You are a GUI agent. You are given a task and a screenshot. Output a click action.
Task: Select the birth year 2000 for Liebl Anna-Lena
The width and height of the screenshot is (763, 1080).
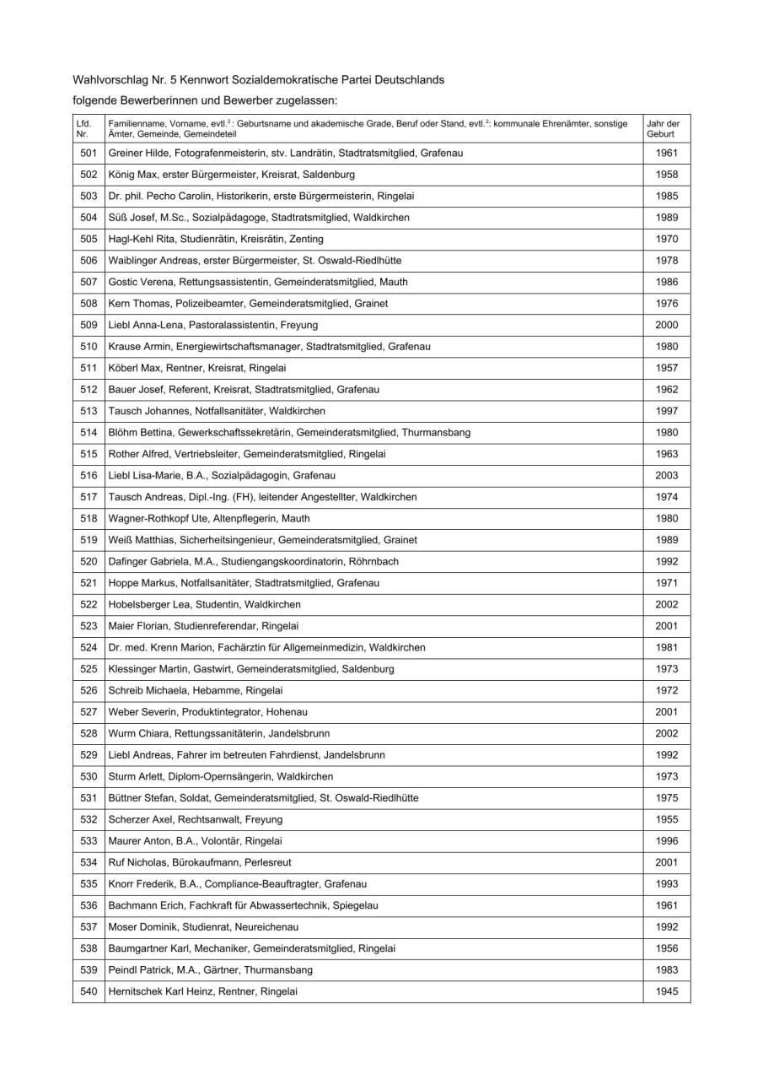[666, 325]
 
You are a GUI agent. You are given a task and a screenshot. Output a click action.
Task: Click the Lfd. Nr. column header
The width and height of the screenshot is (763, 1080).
[83, 129]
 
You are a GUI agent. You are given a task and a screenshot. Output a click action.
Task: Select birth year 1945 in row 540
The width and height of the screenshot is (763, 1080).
[666, 991]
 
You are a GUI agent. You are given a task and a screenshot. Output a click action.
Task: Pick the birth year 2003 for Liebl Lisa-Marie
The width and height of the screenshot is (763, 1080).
[666, 475]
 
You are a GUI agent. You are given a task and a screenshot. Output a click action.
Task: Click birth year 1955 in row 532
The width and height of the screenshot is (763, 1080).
[666, 819]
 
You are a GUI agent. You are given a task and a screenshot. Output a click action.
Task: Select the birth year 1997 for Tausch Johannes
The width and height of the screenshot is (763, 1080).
[666, 411]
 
